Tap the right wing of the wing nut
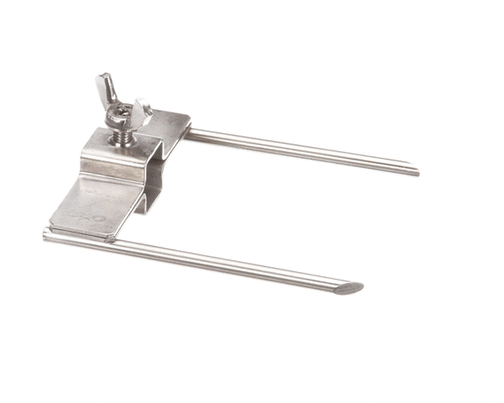(x=143, y=109)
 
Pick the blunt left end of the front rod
(x=47, y=236)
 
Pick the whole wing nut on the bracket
(x=124, y=104)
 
